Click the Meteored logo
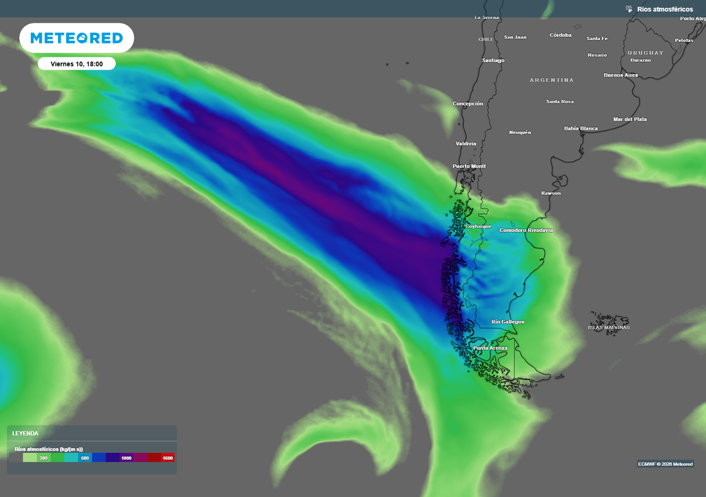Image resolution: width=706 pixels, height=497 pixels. coord(77,38)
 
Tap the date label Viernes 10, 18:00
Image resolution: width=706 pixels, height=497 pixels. coord(77,64)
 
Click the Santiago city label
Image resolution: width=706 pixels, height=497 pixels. coord(493,60)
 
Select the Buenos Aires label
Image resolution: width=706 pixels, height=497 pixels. coord(621,75)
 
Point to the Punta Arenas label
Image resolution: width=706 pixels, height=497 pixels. coord(490,348)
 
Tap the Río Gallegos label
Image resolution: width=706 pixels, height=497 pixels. coord(507,322)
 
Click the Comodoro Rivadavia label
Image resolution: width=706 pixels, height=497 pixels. coord(526,230)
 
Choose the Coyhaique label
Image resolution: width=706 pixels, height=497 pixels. coord(478,226)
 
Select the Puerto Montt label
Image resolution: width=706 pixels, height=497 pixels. coord(469,166)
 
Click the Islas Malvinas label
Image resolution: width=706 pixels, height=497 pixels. coord(609,327)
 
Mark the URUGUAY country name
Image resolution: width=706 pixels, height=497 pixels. coord(645,52)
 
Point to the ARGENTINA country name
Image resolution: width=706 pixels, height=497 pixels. coord(552,80)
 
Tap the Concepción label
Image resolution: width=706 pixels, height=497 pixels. coord(467,104)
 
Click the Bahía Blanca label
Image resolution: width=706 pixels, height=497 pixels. coord(581,128)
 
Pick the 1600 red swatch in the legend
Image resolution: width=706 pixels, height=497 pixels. coord(167,458)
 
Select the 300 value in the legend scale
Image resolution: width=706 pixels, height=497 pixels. coord(43,458)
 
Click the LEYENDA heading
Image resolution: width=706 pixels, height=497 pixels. coord(26,433)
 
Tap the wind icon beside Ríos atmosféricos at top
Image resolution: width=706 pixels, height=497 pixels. coord(628,9)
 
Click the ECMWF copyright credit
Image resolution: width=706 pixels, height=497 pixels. coord(665,464)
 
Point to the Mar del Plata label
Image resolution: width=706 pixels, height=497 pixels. coord(629,119)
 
